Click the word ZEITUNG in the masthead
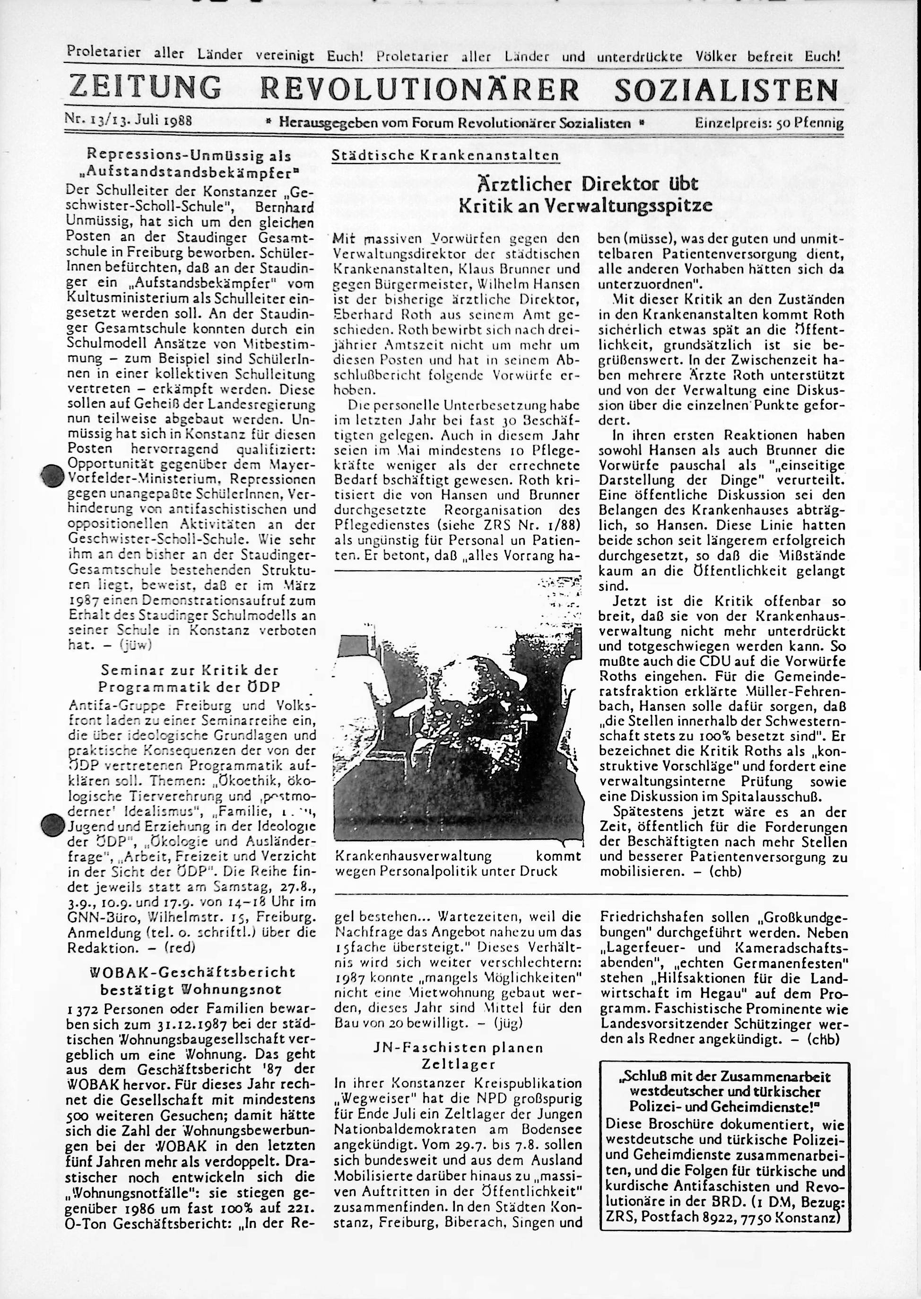[x=144, y=88]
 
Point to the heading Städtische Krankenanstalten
[x=445, y=156]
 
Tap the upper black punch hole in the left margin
[x=52, y=475]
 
